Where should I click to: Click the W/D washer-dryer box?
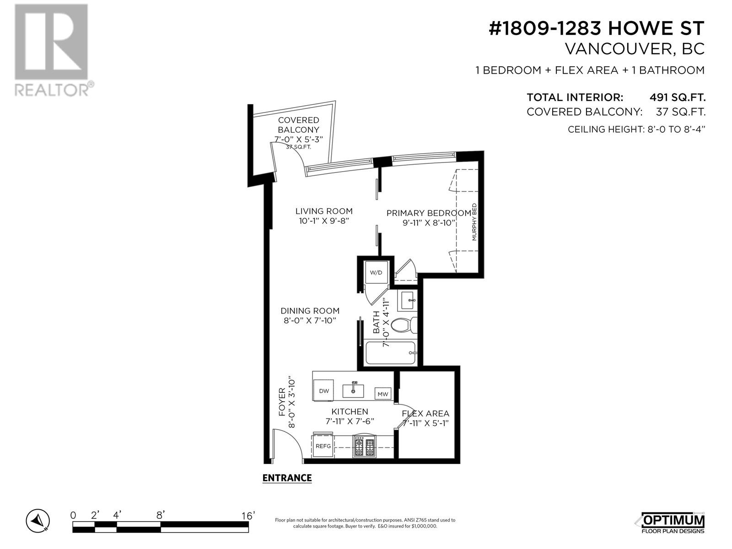pyautogui.click(x=376, y=272)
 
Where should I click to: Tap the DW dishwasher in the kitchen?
pyautogui.click(x=323, y=391)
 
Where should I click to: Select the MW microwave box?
pyautogui.click(x=382, y=393)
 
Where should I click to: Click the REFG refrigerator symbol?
pyautogui.click(x=323, y=446)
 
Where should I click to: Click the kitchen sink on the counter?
pyautogui.click(x=353, y=390)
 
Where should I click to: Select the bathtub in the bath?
pyautogui.click(x=391, y=353)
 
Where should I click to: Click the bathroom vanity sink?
pyautogui.click(x=408, y=300)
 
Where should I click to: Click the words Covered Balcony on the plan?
pyautogui.click(x=298, y=124)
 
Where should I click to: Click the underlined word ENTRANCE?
pyautogui.click(x=287, y=478)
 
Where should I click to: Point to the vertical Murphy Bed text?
pyautogui.click(x=474, y=222)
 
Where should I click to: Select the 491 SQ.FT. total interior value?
pyautogui.click(x=677, y=97)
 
